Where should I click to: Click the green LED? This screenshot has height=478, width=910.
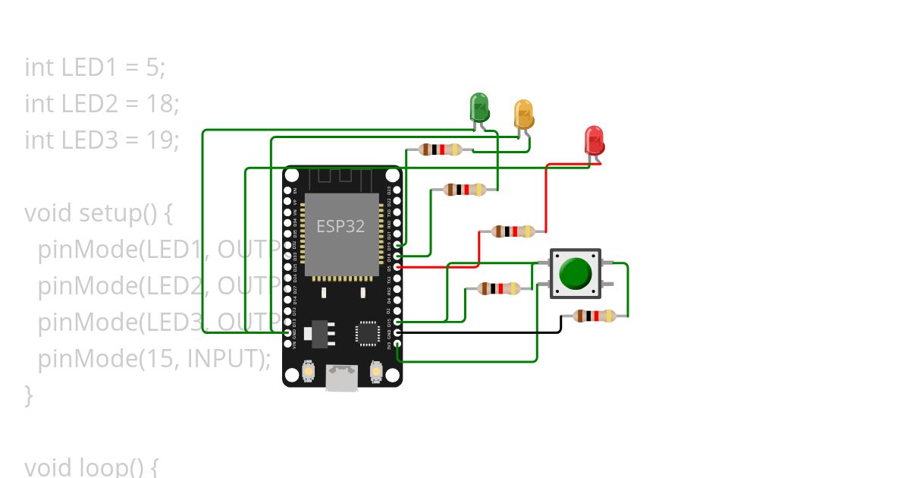coord(479,107)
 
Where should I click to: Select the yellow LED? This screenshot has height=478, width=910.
coord(523,114)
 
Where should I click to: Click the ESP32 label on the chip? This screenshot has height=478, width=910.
coord(340,226)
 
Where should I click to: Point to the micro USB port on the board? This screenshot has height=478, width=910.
coord(342,378)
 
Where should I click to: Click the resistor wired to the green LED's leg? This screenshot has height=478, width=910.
coord(465,190)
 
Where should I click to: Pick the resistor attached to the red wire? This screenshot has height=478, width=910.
coord(513,231)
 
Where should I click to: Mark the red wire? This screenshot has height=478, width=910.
coord(546,197)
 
